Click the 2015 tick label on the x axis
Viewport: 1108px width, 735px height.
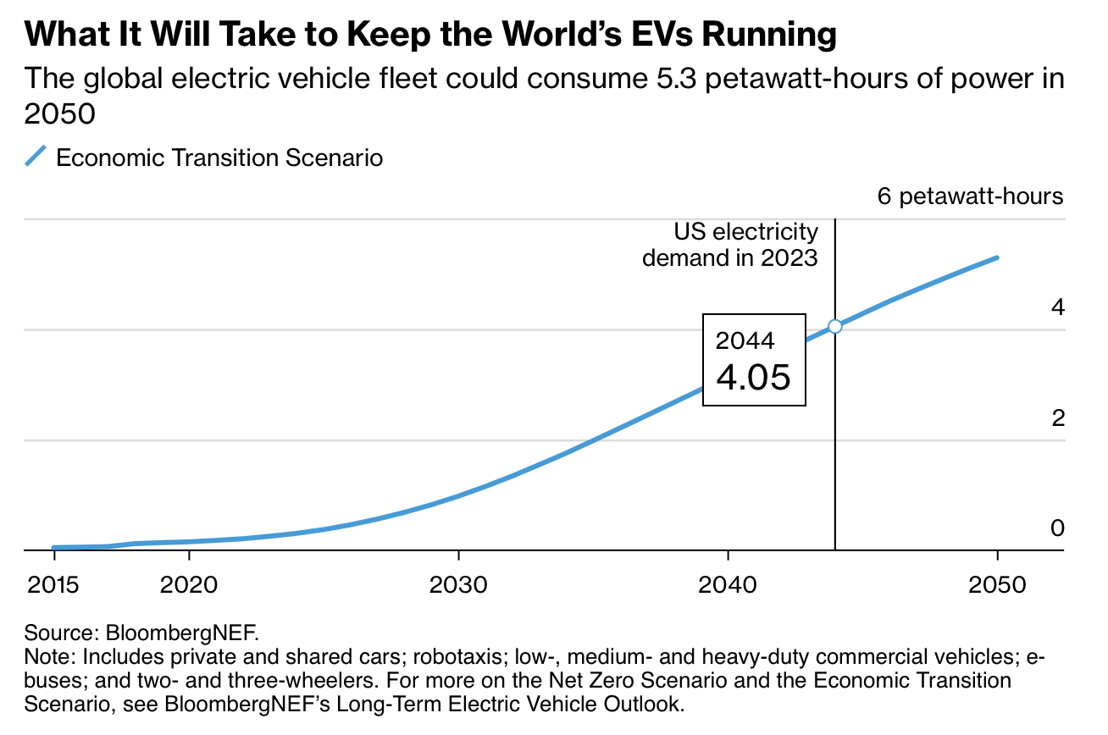point(53,585)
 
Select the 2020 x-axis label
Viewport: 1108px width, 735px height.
point(188,585)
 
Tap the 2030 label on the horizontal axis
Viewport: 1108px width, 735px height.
point(457,585)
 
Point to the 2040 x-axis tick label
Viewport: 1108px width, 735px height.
point(728,585)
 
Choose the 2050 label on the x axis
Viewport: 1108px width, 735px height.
point(997,585)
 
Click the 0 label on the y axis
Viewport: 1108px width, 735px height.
point(1056,528)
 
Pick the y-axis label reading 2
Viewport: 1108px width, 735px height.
point(1057,417)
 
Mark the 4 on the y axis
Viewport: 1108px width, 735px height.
point(1057,307)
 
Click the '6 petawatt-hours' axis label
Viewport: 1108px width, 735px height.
point(969,196)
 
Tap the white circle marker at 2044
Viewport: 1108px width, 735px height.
point(835,326)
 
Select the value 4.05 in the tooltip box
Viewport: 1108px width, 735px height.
point(753,376)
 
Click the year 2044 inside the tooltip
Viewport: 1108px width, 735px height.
point(745,340)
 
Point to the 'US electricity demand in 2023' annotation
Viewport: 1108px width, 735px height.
point(730,244)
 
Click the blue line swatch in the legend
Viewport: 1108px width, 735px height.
point(36,157)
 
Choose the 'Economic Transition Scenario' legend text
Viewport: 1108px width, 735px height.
point(219,157)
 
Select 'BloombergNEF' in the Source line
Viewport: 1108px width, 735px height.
point(180,633)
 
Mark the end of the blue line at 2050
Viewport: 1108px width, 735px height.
point(997,257)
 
